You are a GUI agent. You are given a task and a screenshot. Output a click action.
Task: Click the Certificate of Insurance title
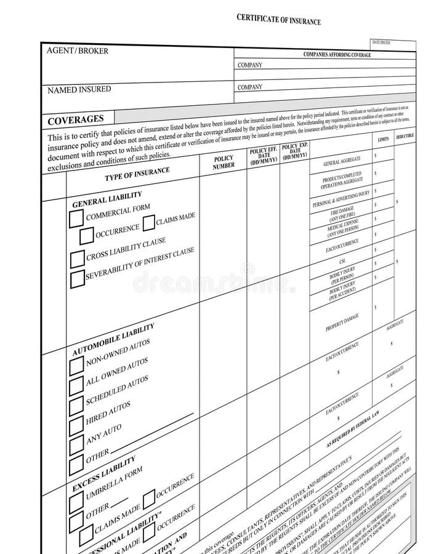(x=278, y=20)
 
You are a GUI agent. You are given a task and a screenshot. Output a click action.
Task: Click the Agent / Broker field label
(x=78, y=51)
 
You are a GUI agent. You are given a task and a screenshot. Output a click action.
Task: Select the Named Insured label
(x=79, y=90)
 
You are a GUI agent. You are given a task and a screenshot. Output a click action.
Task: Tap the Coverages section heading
(x=76, y=119)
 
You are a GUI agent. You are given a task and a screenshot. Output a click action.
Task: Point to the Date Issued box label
(x=381, y=42)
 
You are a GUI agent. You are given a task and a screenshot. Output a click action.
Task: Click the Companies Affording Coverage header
(x=337, y=55)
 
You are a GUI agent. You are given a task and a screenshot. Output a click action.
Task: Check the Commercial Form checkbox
(x=76, y=219)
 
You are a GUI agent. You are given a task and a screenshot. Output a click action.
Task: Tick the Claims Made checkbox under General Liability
(x=148, y=223)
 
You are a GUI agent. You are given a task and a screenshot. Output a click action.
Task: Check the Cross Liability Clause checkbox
(x=77, y=259)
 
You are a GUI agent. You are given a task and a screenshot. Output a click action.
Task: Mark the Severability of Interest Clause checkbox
(x=78, y=279)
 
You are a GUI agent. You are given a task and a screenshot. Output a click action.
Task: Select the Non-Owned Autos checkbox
(x=76, y=366)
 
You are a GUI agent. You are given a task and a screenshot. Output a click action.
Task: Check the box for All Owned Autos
(x=76, y=386)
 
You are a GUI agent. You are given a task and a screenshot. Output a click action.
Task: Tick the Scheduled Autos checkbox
(x=76, y=406)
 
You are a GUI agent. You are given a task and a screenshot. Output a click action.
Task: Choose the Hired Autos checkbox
(x=76, y=425)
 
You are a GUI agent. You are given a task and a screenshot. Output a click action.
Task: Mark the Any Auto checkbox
(x=76, y=444)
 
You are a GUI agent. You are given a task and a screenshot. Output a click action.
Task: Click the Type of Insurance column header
(x=137, y=174)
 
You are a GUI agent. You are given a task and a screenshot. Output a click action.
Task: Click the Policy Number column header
(x=224, y=163)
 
